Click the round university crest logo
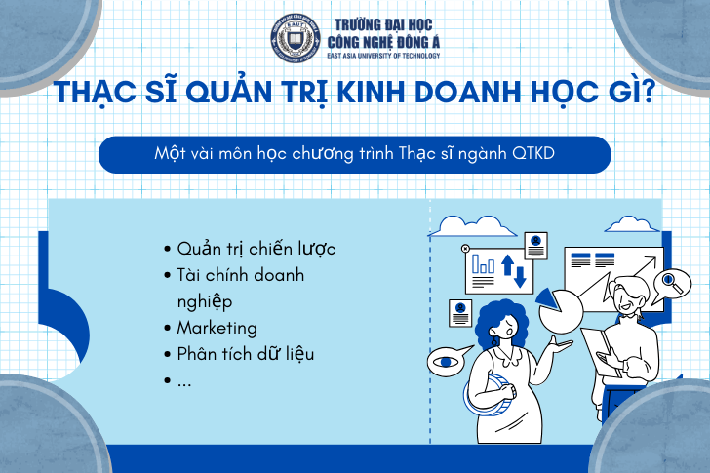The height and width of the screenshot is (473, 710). (x=296, y=38)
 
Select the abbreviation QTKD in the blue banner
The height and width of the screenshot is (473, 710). (x=532, y=153)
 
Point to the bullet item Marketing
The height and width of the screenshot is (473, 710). (x=217, y=328)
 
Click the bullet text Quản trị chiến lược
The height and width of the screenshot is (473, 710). (x=256, y=249)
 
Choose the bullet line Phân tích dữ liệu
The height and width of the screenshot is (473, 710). (x=246, y=354)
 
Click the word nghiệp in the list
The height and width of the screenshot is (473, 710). (x=205, y=302)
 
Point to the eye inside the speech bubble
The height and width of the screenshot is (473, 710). (x=446, y=362)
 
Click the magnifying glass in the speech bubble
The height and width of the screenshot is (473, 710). (x=671, y=282)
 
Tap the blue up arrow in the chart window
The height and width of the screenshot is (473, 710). (x=507, y=265)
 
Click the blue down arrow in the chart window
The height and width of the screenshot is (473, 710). (x=520, y=277)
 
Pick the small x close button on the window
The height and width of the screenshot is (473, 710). (x=465, y=248)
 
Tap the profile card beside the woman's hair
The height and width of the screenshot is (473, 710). (x=460, y=313)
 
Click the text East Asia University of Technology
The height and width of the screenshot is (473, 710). (x=383, y=56)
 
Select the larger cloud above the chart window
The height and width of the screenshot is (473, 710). (x=472, y=227)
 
